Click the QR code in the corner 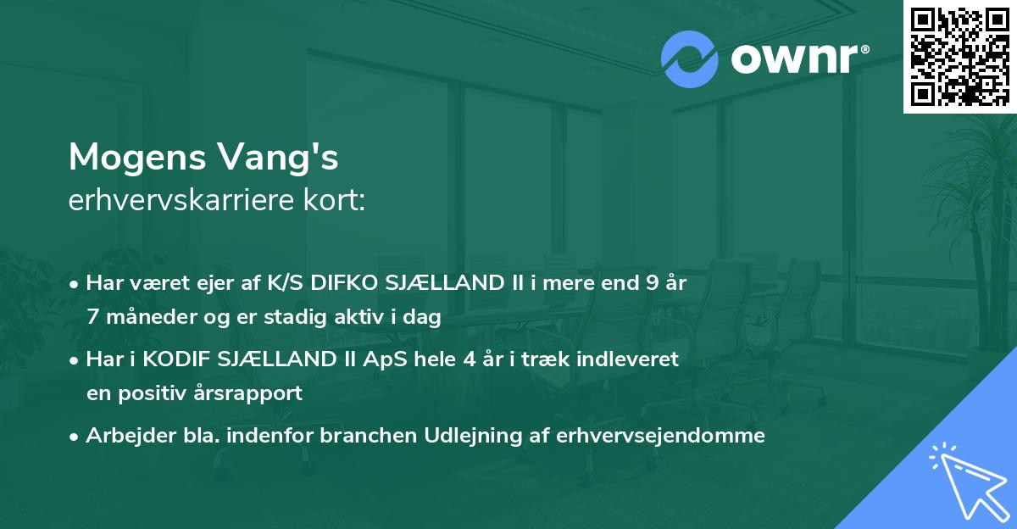coord(959,56)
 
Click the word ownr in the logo coord(792,60)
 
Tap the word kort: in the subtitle coord(336,202)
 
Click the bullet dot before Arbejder coord(75,437)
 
